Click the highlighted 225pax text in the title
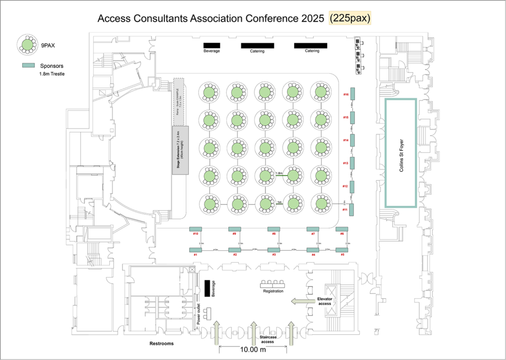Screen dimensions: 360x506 (x=350, y=18)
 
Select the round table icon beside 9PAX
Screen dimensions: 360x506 (x=27, y=45)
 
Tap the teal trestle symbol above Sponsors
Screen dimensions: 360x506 (x=28, y=66)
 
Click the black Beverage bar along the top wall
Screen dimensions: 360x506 (x=211, y=45)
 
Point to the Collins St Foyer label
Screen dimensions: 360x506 (x=400, y=153)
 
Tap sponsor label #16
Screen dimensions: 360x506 (x=346, y=94)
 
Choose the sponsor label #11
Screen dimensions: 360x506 (x=344, y=210)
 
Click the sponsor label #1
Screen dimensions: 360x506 (x=195, y=255)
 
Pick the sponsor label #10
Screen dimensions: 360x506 (x=196, y=233)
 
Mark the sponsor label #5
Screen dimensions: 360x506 (x=342, y=255)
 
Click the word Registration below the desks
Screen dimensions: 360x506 (x=273, y=291)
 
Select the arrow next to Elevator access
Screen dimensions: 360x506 (x=300, y=301)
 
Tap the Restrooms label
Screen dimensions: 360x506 (x=162, y=343)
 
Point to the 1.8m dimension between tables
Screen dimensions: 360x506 (x=279, y=173)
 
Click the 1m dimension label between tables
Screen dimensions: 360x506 (x=279, y=202)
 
